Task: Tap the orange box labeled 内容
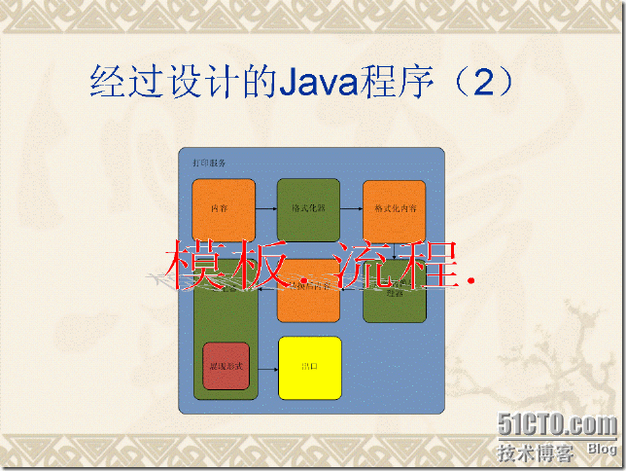click(224, 208)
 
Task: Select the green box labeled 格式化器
click(308, 208)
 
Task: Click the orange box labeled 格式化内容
click(395, 208)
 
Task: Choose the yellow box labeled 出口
click(310, 368)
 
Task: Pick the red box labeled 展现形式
click(226, 367)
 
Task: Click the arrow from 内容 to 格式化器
click(266, 208)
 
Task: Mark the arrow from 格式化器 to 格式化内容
click(351, 208)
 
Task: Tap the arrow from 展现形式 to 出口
click(264, 368)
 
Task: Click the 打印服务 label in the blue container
click(209, 163)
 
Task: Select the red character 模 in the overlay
click(195, 264)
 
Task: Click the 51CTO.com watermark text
click(557, 425)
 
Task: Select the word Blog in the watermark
click(601, 450)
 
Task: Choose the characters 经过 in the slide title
click(125, 81)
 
